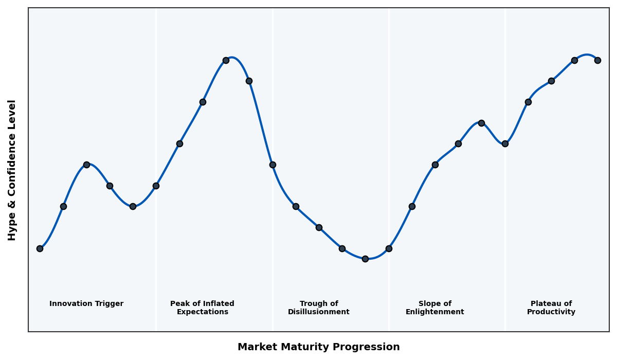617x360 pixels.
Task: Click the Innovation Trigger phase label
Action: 86,304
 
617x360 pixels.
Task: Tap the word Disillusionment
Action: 318,312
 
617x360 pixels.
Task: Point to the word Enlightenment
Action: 434,312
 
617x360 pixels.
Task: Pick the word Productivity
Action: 551,312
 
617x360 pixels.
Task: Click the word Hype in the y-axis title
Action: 12,228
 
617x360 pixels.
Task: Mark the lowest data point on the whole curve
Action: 365,259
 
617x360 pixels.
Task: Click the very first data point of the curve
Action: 40,248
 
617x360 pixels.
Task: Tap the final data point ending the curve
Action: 597,60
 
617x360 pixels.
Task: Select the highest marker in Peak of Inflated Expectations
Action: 226,60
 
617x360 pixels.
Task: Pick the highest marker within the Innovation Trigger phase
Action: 86,165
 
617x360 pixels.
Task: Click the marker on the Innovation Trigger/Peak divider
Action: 156,186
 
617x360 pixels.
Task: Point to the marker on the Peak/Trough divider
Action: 273,165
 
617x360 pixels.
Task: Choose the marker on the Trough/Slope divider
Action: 389,248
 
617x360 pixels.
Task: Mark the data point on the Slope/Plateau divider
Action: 505,143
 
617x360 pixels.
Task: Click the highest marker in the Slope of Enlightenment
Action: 481,123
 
